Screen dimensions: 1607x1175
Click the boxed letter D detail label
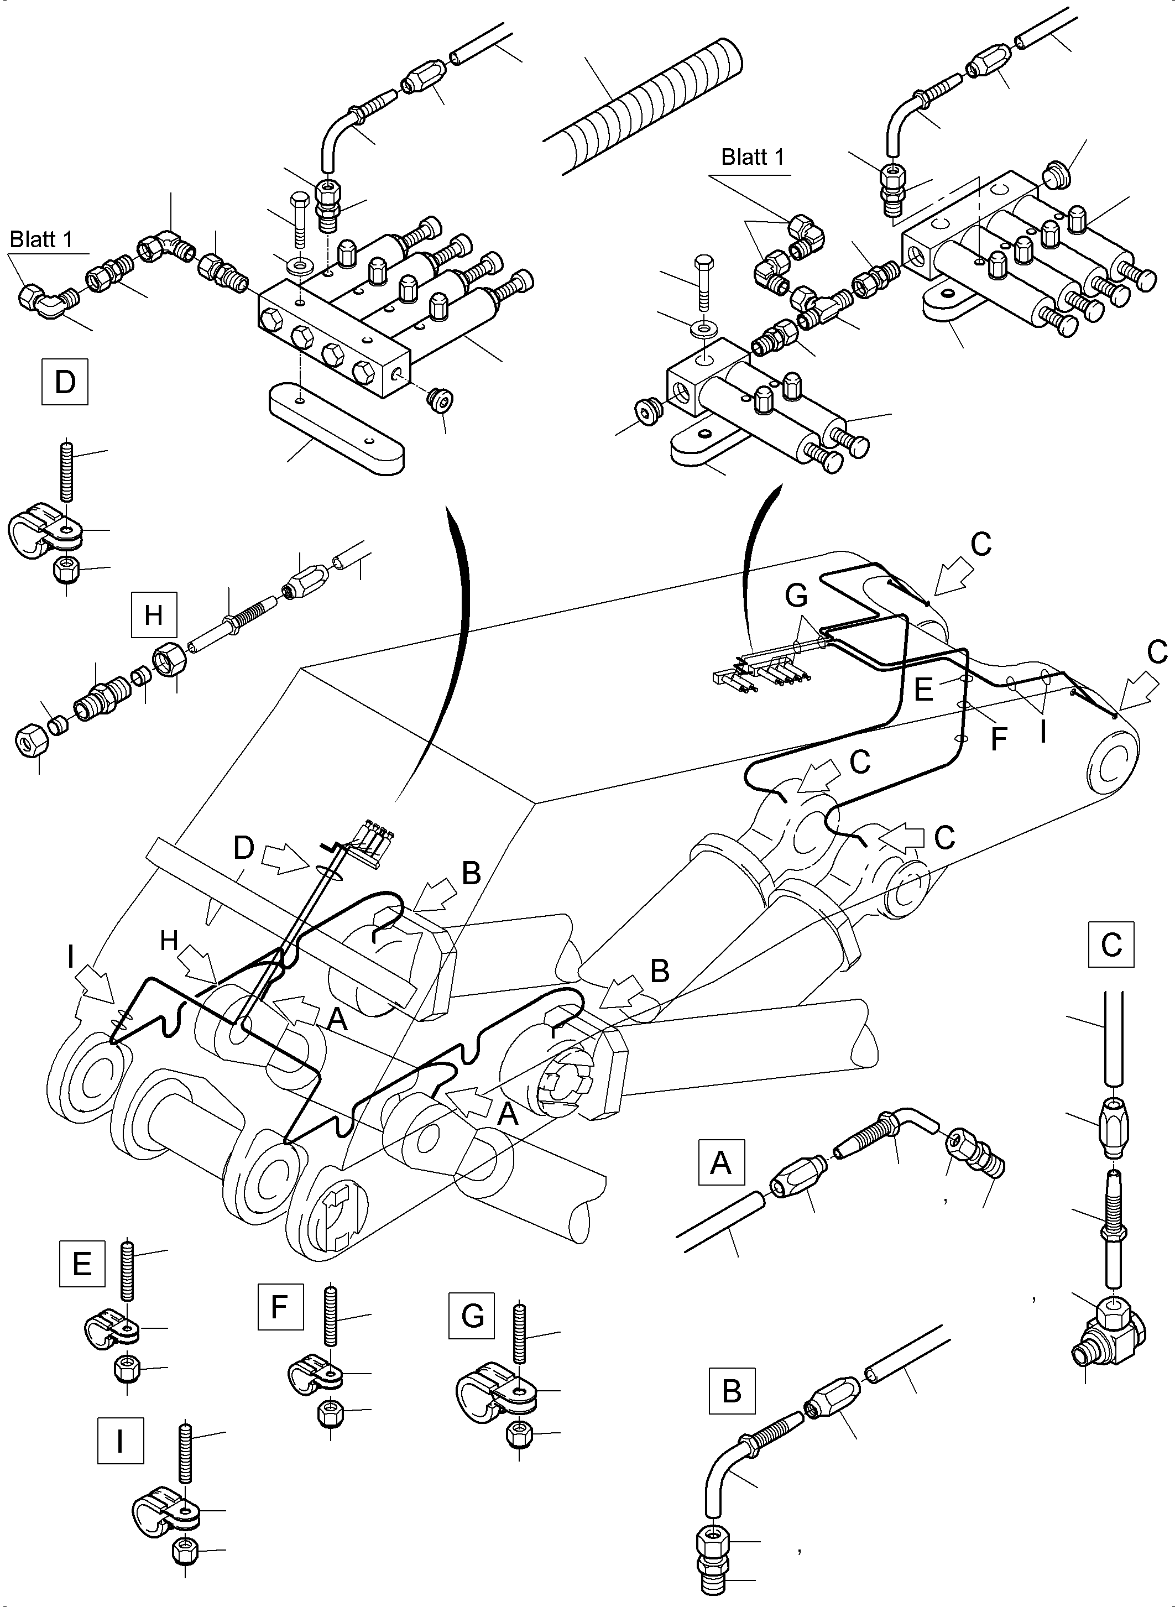click(x=65, y=382)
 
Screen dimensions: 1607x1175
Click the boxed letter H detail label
click(x=154, y=614)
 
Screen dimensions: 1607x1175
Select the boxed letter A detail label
click(x=721, y=1162)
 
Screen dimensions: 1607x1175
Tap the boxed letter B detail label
click(x=732, y=1390)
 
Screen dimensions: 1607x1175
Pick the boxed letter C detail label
click(x=1111, y=945)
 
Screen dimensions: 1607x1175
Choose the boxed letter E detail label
click(x=82, y=1264)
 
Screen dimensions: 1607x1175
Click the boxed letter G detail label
click(x=472, y=1316)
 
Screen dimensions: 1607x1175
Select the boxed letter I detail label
click(x=120, y=1441)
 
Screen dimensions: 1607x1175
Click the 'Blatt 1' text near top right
click(x=753, y=157)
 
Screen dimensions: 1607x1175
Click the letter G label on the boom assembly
click(x=797, y=596)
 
